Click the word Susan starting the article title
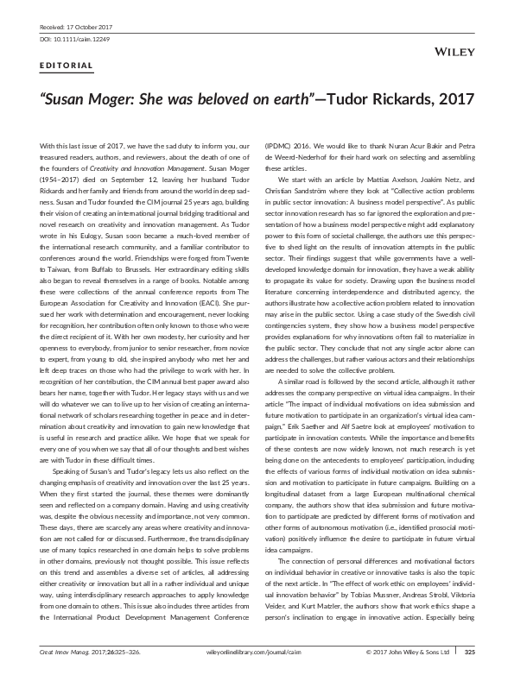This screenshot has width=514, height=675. click(66, 98)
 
